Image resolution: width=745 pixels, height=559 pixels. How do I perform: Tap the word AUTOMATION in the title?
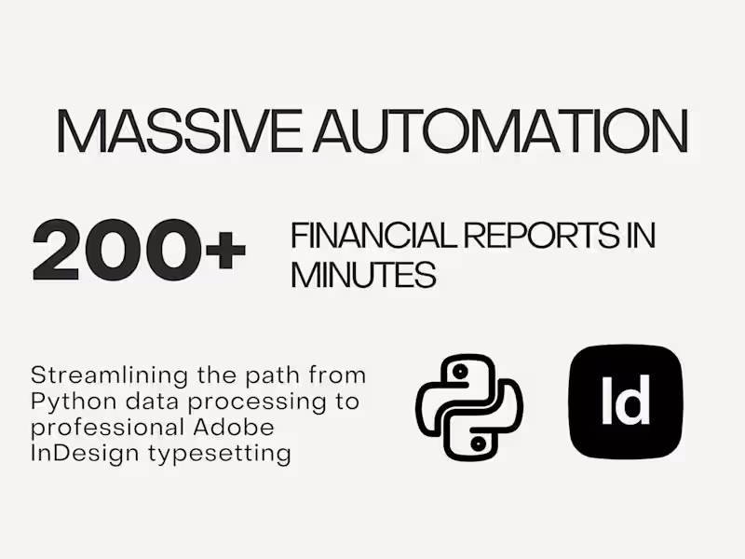click(x=500, y=132)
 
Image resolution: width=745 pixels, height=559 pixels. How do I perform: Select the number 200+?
click(x=140, y=251)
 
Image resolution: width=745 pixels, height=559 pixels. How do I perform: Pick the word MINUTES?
click(x=363, y=275)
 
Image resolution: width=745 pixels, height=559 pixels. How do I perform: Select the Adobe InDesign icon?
click(x=625, y=402)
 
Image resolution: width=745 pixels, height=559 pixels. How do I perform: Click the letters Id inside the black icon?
click(x=625, y=402)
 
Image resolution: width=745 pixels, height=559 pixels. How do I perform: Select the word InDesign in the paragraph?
click(x=74, y=454)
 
